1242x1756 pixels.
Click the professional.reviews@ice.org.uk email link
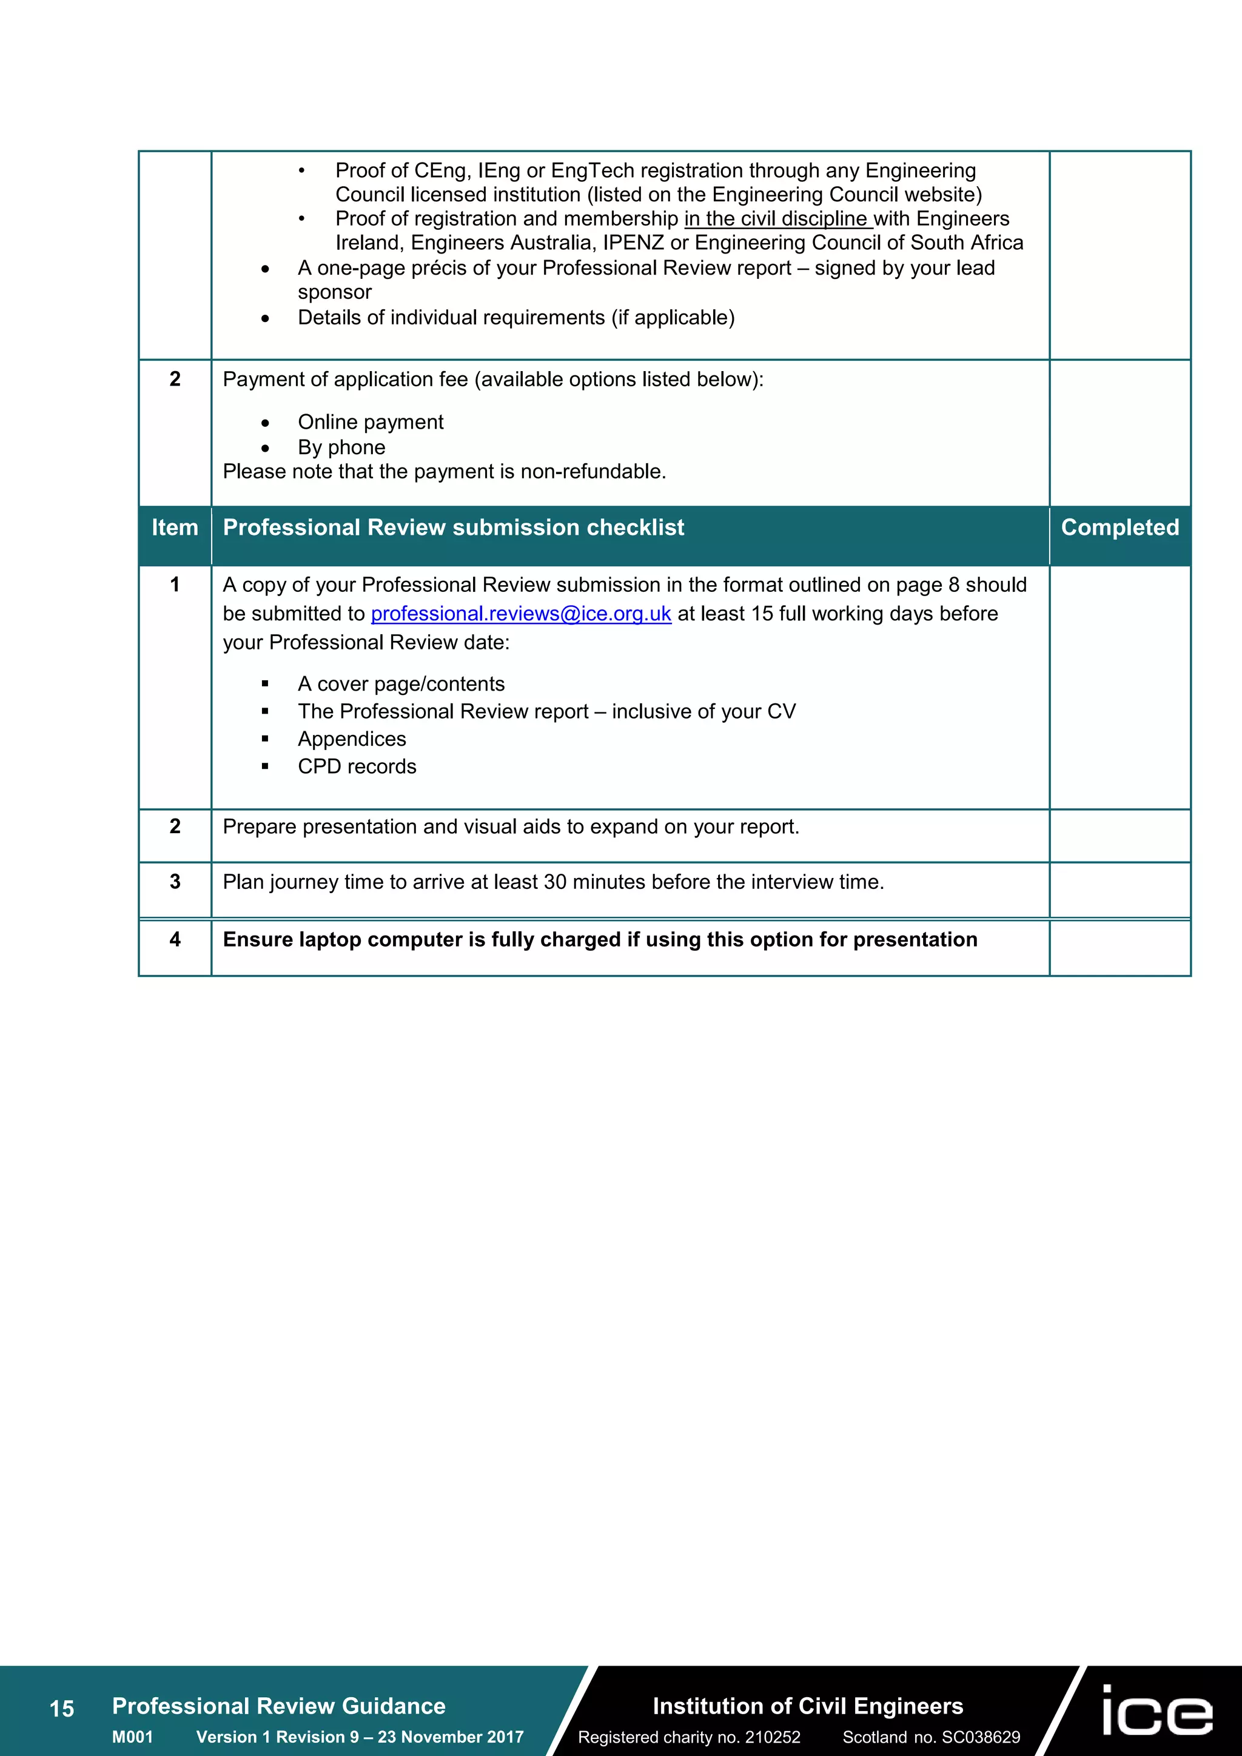[x=521, y=614]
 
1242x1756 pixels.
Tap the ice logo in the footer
[x=1157, y=1711]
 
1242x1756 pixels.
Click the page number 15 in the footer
[x=62, y=1709]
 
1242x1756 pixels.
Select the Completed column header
[x=1119, y=528]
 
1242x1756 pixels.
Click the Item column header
[x=175, y=528]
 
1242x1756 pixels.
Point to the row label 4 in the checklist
[x=175, y=939]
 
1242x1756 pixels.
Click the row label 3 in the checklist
[x=175, y=882]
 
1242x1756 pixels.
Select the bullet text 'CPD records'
[x=357, y=766]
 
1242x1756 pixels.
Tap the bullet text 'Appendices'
[x=352, y=739]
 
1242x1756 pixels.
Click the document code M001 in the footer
[x=132, y=1737]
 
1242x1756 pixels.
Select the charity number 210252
[x=773, y=1737]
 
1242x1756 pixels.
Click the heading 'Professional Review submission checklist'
[x=453, y=528]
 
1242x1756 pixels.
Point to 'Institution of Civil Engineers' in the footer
[x=808, y=1706]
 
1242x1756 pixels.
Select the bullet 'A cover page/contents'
[x=401, y=684]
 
